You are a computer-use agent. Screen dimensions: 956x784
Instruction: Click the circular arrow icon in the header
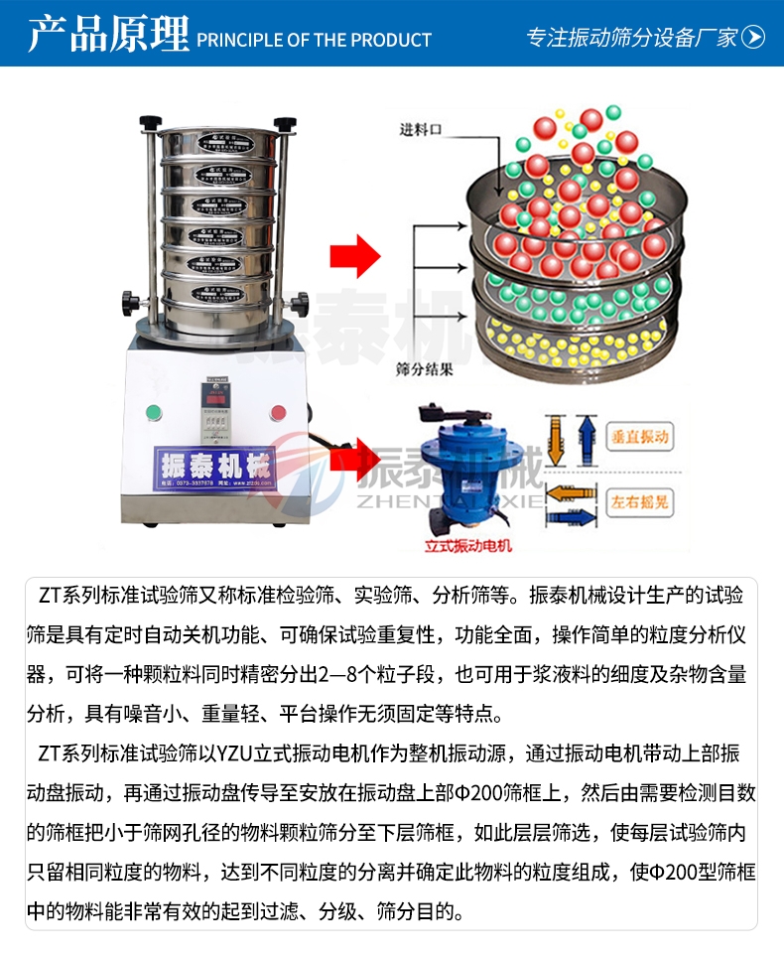(754, 38)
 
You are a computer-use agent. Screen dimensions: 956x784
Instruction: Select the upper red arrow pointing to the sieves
(355, 255)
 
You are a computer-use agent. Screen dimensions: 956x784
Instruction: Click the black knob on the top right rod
(287, 125)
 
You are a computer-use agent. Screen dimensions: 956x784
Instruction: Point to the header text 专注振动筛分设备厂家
(631, 38)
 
